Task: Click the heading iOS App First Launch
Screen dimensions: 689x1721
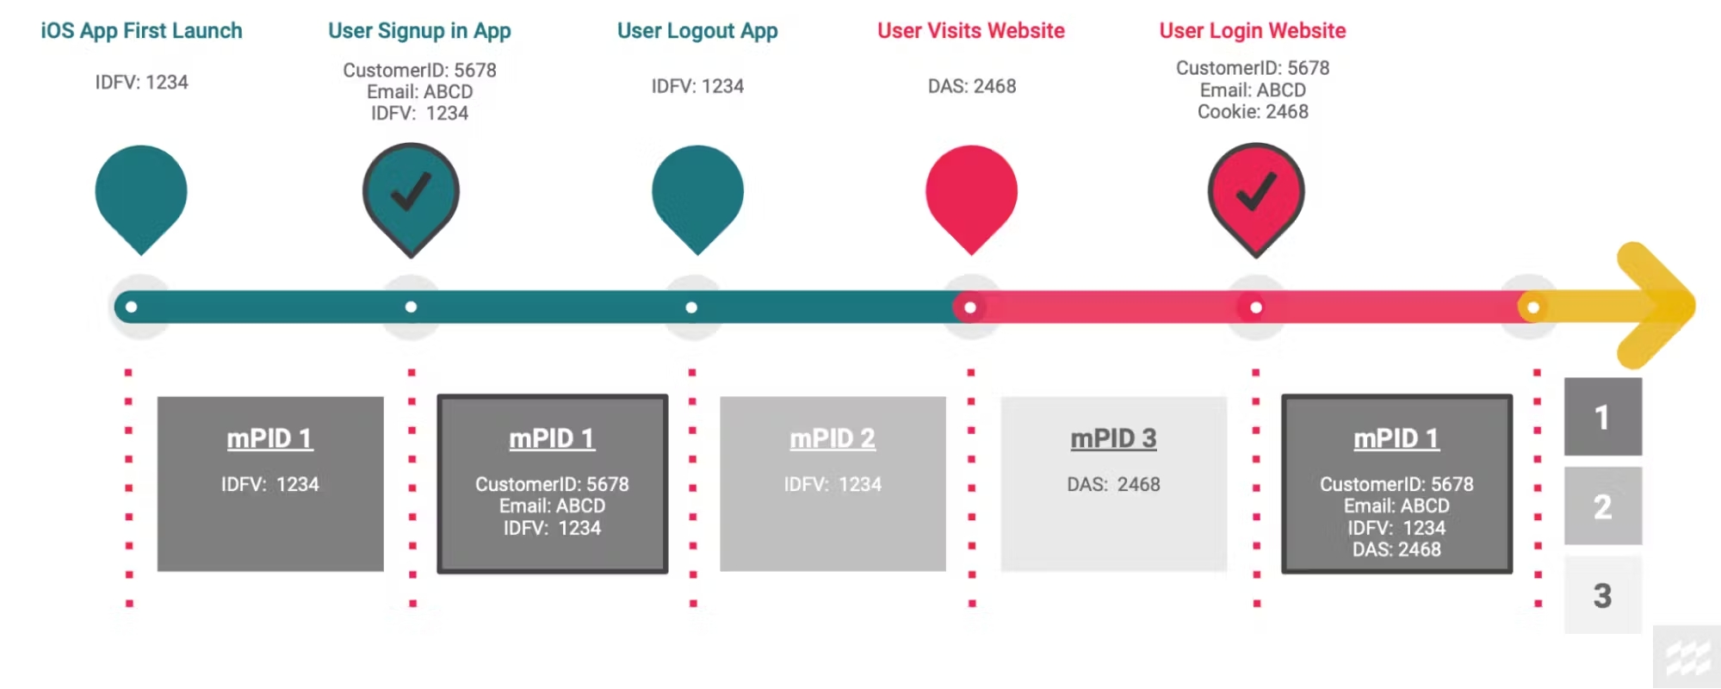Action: pyautogui.click(x=141, y=31)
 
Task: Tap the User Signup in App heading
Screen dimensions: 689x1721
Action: pyautogui.click(x=419, y=31)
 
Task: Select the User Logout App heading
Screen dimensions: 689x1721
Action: pyautogui.click(x=697, y=31)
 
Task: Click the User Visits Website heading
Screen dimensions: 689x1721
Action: pyautogui.click(x=971, y=31)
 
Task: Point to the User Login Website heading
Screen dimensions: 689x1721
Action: pyautogui.click(x=1253, y=31)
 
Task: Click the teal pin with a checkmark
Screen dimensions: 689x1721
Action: pyautogui.click(x=411, y=194)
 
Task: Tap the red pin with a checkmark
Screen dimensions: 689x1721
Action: pyautogui.click(x=1256, y=194)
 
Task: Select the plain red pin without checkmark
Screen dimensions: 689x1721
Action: pyautogui.click(x=971, y=194)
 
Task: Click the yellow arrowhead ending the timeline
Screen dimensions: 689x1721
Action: pyautogui.click(x=1657, y=306)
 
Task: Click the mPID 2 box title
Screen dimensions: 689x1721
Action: pyautogui.click(x=833, y=438)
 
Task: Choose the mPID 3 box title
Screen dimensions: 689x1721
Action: pyautogui.click(x=1113, y=438)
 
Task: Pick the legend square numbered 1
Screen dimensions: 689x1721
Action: pyautogui.click(x=1602, y=417)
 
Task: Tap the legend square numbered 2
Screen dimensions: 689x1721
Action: pyautogui.click(x=1602, y=506)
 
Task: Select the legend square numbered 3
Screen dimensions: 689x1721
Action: pyautogui.click(x=1602, y=595)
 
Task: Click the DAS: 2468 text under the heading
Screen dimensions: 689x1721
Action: pyautogui.click(x=972, y=86)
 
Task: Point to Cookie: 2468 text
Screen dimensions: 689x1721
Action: pyautogui.click(x=1253, y=112)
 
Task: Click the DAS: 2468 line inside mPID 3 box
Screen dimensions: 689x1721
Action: pyautogui.click(x=1113, y=484)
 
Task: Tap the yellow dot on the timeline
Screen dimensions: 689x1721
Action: pyautogui.click(x=1532, y=307)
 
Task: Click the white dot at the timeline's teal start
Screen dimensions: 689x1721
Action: pyautogui.click(x=131, y=307)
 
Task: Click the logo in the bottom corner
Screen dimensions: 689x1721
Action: pyautogui.click(x=1687, y=658)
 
